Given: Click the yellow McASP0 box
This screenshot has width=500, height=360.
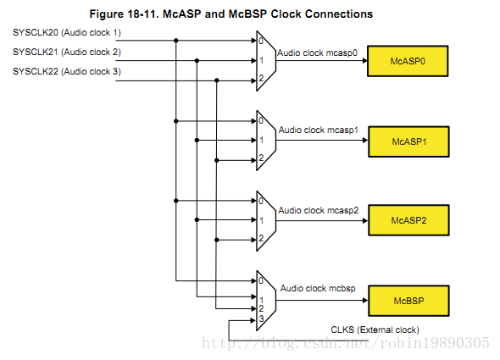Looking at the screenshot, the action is click(408, 61).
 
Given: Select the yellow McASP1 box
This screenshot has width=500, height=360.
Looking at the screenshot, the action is click(408, 141).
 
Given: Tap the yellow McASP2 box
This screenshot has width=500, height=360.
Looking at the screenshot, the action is click(408, 220).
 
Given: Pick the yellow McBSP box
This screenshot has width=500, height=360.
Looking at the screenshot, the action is click(408, 301).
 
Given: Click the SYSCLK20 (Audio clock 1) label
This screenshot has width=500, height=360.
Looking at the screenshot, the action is click(67, 33).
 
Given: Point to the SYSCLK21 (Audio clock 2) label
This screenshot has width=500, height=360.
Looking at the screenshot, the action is click(67, 52).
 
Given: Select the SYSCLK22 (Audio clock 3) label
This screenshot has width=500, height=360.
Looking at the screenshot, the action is click(67, 71).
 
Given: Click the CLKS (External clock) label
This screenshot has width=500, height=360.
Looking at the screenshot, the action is click(375, 330).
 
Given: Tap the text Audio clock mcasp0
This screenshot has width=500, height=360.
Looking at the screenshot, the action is click(317, 53).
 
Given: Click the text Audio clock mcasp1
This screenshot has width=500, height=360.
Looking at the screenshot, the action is click(319, 130).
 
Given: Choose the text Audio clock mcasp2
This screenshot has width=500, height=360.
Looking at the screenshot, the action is click(319, 210).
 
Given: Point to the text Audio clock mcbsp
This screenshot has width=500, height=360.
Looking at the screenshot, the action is click(318, 288).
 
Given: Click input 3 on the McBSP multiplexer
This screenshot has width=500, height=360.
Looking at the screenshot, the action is click(261, 318).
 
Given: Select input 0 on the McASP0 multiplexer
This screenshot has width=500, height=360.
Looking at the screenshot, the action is click(261, 41).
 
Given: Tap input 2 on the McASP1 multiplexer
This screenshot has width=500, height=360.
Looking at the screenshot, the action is click(261, 158).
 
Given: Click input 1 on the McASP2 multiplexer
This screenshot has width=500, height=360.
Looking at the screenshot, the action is click(262, 220).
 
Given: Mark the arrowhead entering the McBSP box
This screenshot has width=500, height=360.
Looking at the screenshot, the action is click(365, 301).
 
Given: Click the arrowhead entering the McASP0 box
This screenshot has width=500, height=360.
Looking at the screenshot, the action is click(364, 61).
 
